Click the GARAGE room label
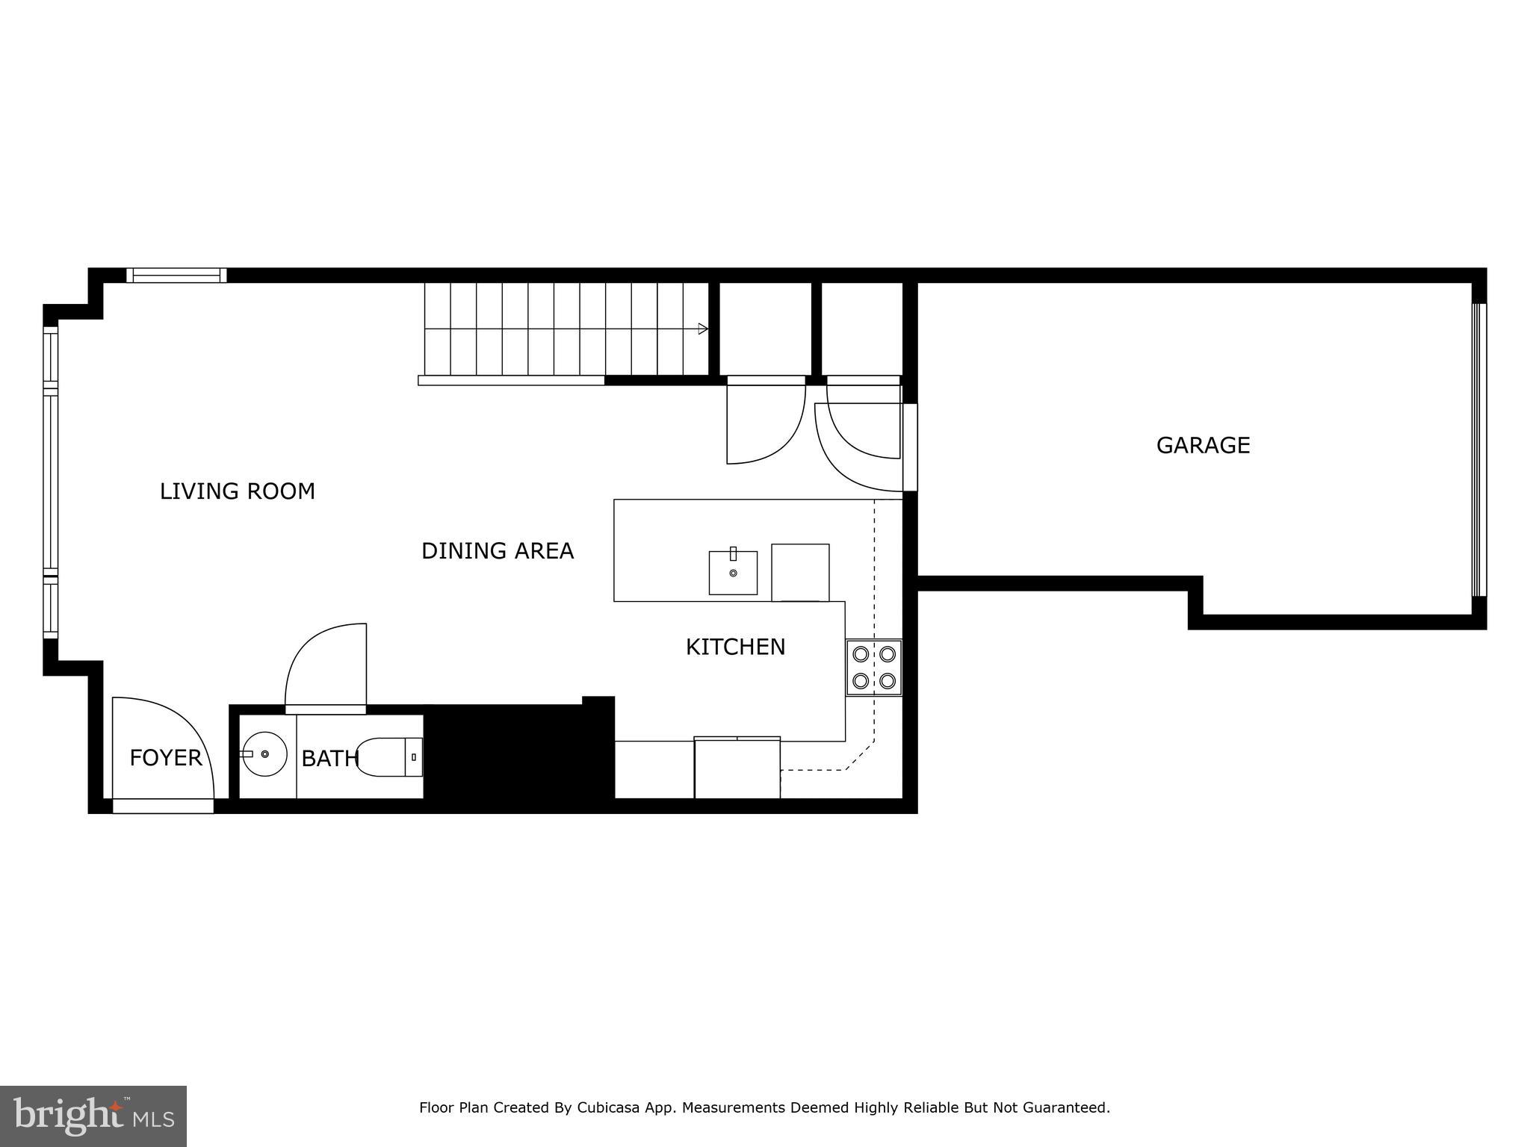(x=1203, y=445)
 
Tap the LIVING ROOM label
(x=237, y=491)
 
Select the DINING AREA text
(x=498, y=551)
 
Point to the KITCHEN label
(x=735, y=647)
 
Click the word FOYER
(x=165, y=758)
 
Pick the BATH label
(x=329, y=759)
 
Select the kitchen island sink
(x=733, y=573)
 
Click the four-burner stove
(x=873, y=668)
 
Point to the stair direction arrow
(x=702, y=329)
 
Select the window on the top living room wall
(x=176, y=276)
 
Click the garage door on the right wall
(x=1478, y=450)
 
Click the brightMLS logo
(x=93, y=1116)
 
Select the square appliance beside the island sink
(x=800, y=572)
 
